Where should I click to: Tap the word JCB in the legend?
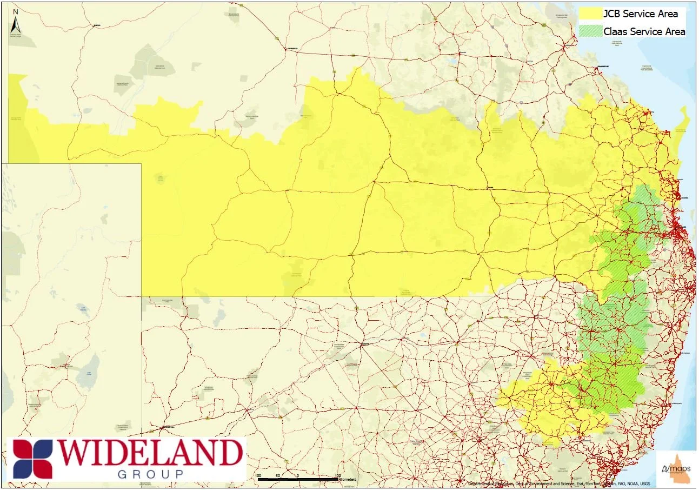(x=612, y=14)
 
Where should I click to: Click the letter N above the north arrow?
(x=16, y=11)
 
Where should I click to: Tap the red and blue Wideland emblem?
(x=34, y=459)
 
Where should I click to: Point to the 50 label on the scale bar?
(x=278, y=476)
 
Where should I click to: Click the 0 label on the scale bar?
(x=298, y=476)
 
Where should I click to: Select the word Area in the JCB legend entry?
(x=668, y=14)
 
